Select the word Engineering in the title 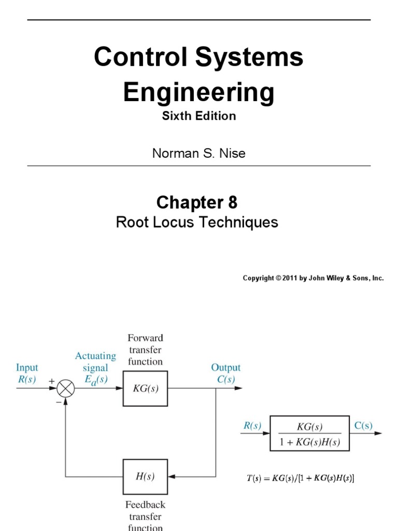198,93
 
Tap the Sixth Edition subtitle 198,116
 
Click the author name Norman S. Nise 198,153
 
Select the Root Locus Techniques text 197,222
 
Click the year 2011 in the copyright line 287,278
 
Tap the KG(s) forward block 145,388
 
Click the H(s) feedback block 145,476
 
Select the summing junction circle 65,388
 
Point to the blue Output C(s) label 225,373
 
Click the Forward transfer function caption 145,350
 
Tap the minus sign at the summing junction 59,402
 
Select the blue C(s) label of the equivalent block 363,426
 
